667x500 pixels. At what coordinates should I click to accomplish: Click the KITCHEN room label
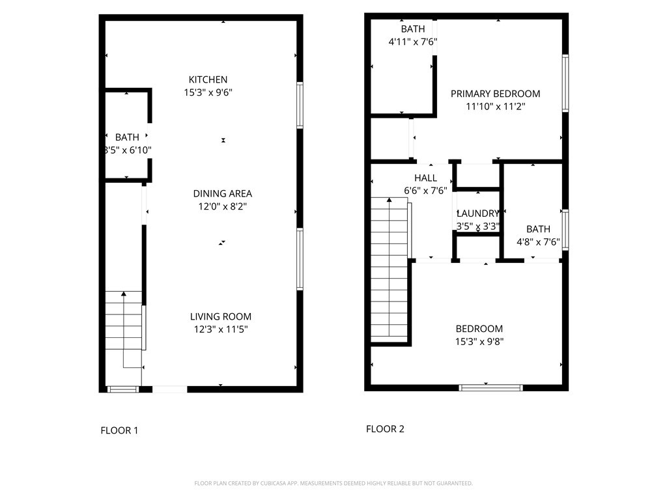pos(208,79)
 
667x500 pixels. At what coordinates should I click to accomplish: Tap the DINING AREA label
pos(223,193)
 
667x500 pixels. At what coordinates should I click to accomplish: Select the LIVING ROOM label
pos(220,316)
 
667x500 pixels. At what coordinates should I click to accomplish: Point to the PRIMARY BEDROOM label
pos(495,94)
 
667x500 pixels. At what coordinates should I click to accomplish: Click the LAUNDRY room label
pos(477,214)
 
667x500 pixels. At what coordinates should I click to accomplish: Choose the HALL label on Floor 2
pos(425,178)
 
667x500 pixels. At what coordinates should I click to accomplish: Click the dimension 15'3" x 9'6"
pos(208,92)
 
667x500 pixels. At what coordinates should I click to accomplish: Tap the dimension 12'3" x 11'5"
pos(220,329)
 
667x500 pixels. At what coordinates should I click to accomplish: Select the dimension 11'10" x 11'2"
pos(495,106)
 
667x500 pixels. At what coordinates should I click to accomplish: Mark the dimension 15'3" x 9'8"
pos(479,341)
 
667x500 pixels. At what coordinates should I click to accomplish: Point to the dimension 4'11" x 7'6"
pos(412,42)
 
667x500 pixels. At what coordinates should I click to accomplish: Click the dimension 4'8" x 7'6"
pos(538,242)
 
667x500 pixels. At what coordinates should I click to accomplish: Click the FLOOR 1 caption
pos(119,430)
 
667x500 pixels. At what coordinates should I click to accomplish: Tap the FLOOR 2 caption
pos(385,428)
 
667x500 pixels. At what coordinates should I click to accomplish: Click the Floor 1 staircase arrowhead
pos(123,294)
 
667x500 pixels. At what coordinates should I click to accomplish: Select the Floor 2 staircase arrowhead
pos(390,199)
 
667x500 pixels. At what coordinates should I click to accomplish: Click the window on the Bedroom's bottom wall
pos(491,387)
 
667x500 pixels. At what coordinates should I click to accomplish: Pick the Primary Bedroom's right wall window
pos(565,83)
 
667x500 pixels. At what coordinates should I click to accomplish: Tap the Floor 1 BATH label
pos(127,137)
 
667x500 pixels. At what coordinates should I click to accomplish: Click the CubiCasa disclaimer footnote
pos(333,483)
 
